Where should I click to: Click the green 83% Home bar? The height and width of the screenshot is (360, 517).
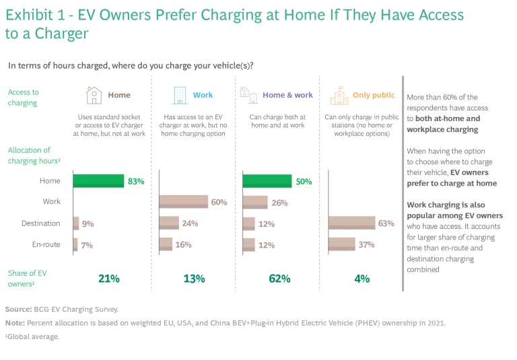coord(99,181)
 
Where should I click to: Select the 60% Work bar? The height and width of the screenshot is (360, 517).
coord(184,202)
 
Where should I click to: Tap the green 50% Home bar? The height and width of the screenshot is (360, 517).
coord(267,181)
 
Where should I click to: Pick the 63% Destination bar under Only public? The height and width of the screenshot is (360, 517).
coord(351,223)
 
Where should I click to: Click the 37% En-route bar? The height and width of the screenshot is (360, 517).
coord(342,244)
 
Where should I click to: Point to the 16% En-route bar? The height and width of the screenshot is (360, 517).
coord(166,244)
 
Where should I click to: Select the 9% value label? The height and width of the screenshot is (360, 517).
coord(88,224)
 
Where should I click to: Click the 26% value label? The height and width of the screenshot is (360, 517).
coord(279,203)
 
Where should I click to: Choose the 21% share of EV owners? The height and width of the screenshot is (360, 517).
coord(109,279)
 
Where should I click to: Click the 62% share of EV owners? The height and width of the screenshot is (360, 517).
coord(279,279)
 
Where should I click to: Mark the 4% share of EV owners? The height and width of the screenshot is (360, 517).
coord(362,279)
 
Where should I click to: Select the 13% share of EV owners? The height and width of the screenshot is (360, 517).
coord(194,279)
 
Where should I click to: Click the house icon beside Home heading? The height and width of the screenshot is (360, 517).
coord(94,96)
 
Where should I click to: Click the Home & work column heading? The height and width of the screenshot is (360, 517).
coord(287,96)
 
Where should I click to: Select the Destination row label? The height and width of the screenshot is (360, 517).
coord(41,223)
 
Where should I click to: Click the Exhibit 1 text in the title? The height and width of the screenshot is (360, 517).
coord(35,13)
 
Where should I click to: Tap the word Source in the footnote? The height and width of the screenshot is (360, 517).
coord(18,309)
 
